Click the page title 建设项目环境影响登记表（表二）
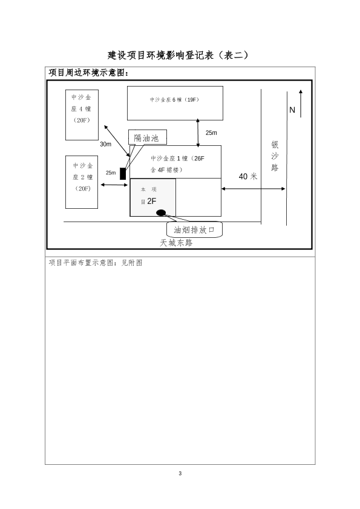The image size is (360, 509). tap(178, 55)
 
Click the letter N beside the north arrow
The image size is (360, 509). tap(292, 110)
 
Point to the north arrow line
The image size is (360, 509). tap(301, 103)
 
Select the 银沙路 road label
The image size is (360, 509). tap(275, 156)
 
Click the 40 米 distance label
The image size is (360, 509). tap(248, 177)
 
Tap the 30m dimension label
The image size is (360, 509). tap(105, 144)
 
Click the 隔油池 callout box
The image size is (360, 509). tap(148, 137)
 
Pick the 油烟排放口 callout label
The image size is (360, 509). tap(194, 230)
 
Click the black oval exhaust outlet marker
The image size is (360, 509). tap(161, 213)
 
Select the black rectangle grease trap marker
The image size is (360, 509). tap(123, 174)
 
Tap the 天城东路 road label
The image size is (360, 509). tap(176, 243)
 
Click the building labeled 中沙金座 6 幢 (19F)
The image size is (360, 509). tap(175, 103)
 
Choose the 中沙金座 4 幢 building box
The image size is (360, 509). tap(82, 115)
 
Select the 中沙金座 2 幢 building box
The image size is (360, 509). tap(82, 182)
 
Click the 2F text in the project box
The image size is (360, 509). tap(152, 202)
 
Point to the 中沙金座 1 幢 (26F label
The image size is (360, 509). tap(177, 159)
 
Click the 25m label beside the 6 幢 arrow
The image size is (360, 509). tap(211, 133)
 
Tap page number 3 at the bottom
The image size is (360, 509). tap(180, 474)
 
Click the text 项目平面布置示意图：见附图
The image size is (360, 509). tap(96, 263)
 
